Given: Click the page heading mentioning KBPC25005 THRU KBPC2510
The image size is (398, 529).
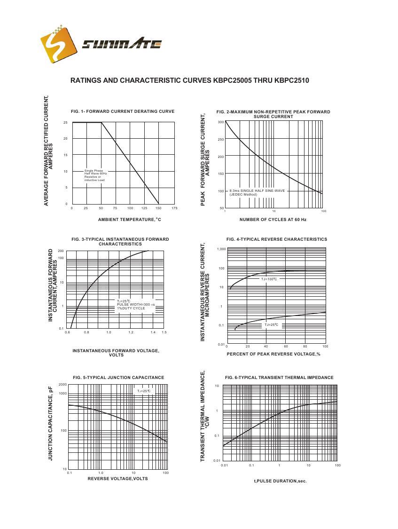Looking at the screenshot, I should (x=189, y=80).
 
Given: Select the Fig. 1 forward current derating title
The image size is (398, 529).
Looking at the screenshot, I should (x=123, y=111).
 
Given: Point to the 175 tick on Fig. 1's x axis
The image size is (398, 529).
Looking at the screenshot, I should (x=174, y=208).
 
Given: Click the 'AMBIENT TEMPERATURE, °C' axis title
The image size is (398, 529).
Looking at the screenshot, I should (x=129, y=220).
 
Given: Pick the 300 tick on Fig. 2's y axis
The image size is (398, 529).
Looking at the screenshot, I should (x=221, y=122).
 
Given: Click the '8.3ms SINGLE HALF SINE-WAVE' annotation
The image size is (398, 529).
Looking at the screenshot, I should (x=257, y=191).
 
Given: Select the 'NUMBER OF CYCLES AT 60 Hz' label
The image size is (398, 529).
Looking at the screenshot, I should (x=273, y=220).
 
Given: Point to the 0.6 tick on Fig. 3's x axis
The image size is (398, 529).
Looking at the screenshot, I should (x=67, y=332).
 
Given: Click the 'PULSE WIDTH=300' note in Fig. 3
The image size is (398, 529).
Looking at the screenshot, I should (x=136, y=305).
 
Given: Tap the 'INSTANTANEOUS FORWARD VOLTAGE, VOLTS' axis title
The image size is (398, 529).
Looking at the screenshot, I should (x=116, y=353).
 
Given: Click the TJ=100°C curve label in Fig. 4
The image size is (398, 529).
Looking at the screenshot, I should (x=269, y=279).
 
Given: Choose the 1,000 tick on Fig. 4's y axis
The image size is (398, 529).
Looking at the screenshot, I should (x=221, y=249).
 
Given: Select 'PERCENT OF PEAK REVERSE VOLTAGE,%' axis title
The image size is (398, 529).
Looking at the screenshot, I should (x=273, y=354).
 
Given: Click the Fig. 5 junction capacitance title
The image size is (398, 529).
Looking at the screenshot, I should (x=118, y=378).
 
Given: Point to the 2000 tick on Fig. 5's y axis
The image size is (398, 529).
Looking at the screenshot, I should (x=63, y=385).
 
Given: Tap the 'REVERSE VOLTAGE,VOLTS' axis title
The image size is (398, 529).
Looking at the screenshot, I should (x=117, y=479).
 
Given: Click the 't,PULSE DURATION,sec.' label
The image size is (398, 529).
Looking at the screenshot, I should (x=280, y=481).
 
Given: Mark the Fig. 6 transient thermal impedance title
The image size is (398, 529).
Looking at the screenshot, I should (x=279, y=378).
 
